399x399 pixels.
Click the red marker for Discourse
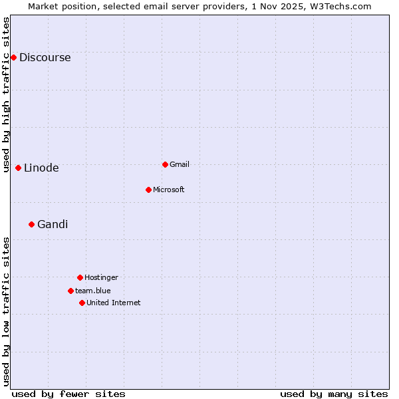coord(13,57)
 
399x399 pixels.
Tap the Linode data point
coord(18,168)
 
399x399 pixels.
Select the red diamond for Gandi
coord(31,224)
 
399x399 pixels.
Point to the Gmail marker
coord(165,164)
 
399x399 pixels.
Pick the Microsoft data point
coord(148,190)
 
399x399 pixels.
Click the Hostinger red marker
coord(80,277)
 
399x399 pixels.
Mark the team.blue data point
coord(70,291)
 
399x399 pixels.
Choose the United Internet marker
coord(82,303)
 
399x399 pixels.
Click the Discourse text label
coord(45,57)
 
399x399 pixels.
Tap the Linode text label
coord(41,168)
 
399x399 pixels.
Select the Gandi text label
coord(53,224)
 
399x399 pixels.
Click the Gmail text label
coord(180,164)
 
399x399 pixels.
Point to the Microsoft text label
coord(168,190)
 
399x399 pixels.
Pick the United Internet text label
coord(113,303)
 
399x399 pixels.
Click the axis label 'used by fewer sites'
coord(68,394)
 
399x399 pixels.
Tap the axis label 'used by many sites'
coord(334,394)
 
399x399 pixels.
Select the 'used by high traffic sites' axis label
coord(7,94)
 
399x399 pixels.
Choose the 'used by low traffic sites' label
coord(7,311)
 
